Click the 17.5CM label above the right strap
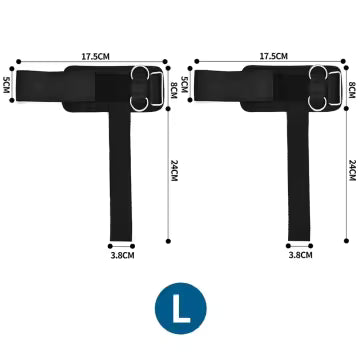click(274, 57)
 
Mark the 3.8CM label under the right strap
click(299, 255)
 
